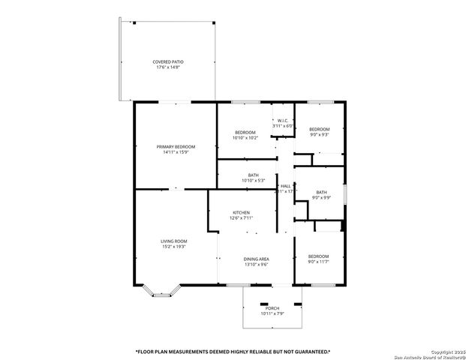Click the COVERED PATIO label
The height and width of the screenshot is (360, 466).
168,61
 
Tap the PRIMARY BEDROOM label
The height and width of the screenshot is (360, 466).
176,146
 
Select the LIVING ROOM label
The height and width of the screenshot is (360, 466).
173,241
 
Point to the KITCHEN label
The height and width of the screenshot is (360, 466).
241,212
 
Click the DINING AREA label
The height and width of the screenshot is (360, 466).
256,259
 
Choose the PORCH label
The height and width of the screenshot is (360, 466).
272,308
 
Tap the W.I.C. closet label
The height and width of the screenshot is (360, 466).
283,121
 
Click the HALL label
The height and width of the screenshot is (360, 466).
286,186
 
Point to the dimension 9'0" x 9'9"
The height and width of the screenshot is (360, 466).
320,197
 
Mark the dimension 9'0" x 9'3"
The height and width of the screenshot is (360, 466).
320,135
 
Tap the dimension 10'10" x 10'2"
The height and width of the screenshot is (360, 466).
245,137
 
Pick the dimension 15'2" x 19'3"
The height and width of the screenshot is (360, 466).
173,247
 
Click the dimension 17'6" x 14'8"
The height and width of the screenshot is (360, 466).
168,67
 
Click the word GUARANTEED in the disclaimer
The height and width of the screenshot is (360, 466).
304,351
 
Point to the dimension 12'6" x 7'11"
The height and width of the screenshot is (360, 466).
241,218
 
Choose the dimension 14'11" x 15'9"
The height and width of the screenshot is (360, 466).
176,152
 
